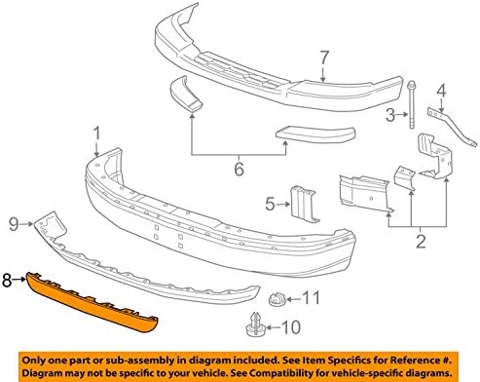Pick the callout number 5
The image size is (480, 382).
tap(270, 204)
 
